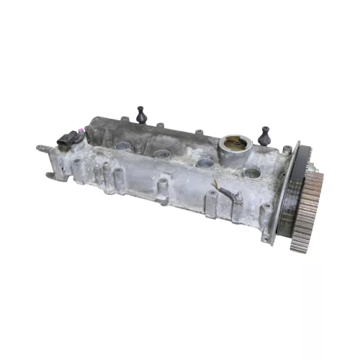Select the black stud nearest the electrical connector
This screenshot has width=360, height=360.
[141, 114]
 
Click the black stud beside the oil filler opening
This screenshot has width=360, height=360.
[264, 135]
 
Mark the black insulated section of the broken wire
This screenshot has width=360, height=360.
[227, 192]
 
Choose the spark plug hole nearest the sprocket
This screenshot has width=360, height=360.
[251, 173]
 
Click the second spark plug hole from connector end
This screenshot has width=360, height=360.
[161, 154]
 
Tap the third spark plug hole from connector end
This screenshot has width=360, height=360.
[205, 163]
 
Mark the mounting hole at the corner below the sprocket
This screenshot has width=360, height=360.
[266, 237]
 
